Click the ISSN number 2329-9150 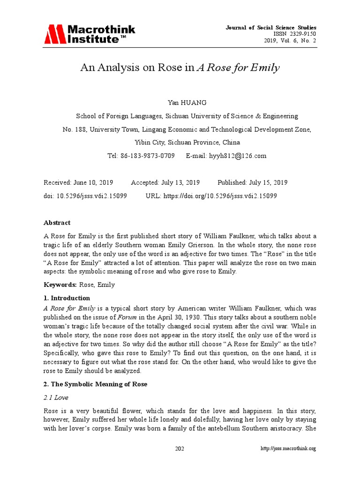302,35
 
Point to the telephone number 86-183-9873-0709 148,156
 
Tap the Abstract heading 57,223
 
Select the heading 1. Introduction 67,298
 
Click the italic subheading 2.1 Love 56,397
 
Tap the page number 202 180,449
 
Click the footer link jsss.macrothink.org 288,449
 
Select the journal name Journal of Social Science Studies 278,28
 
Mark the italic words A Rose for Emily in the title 238,68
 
